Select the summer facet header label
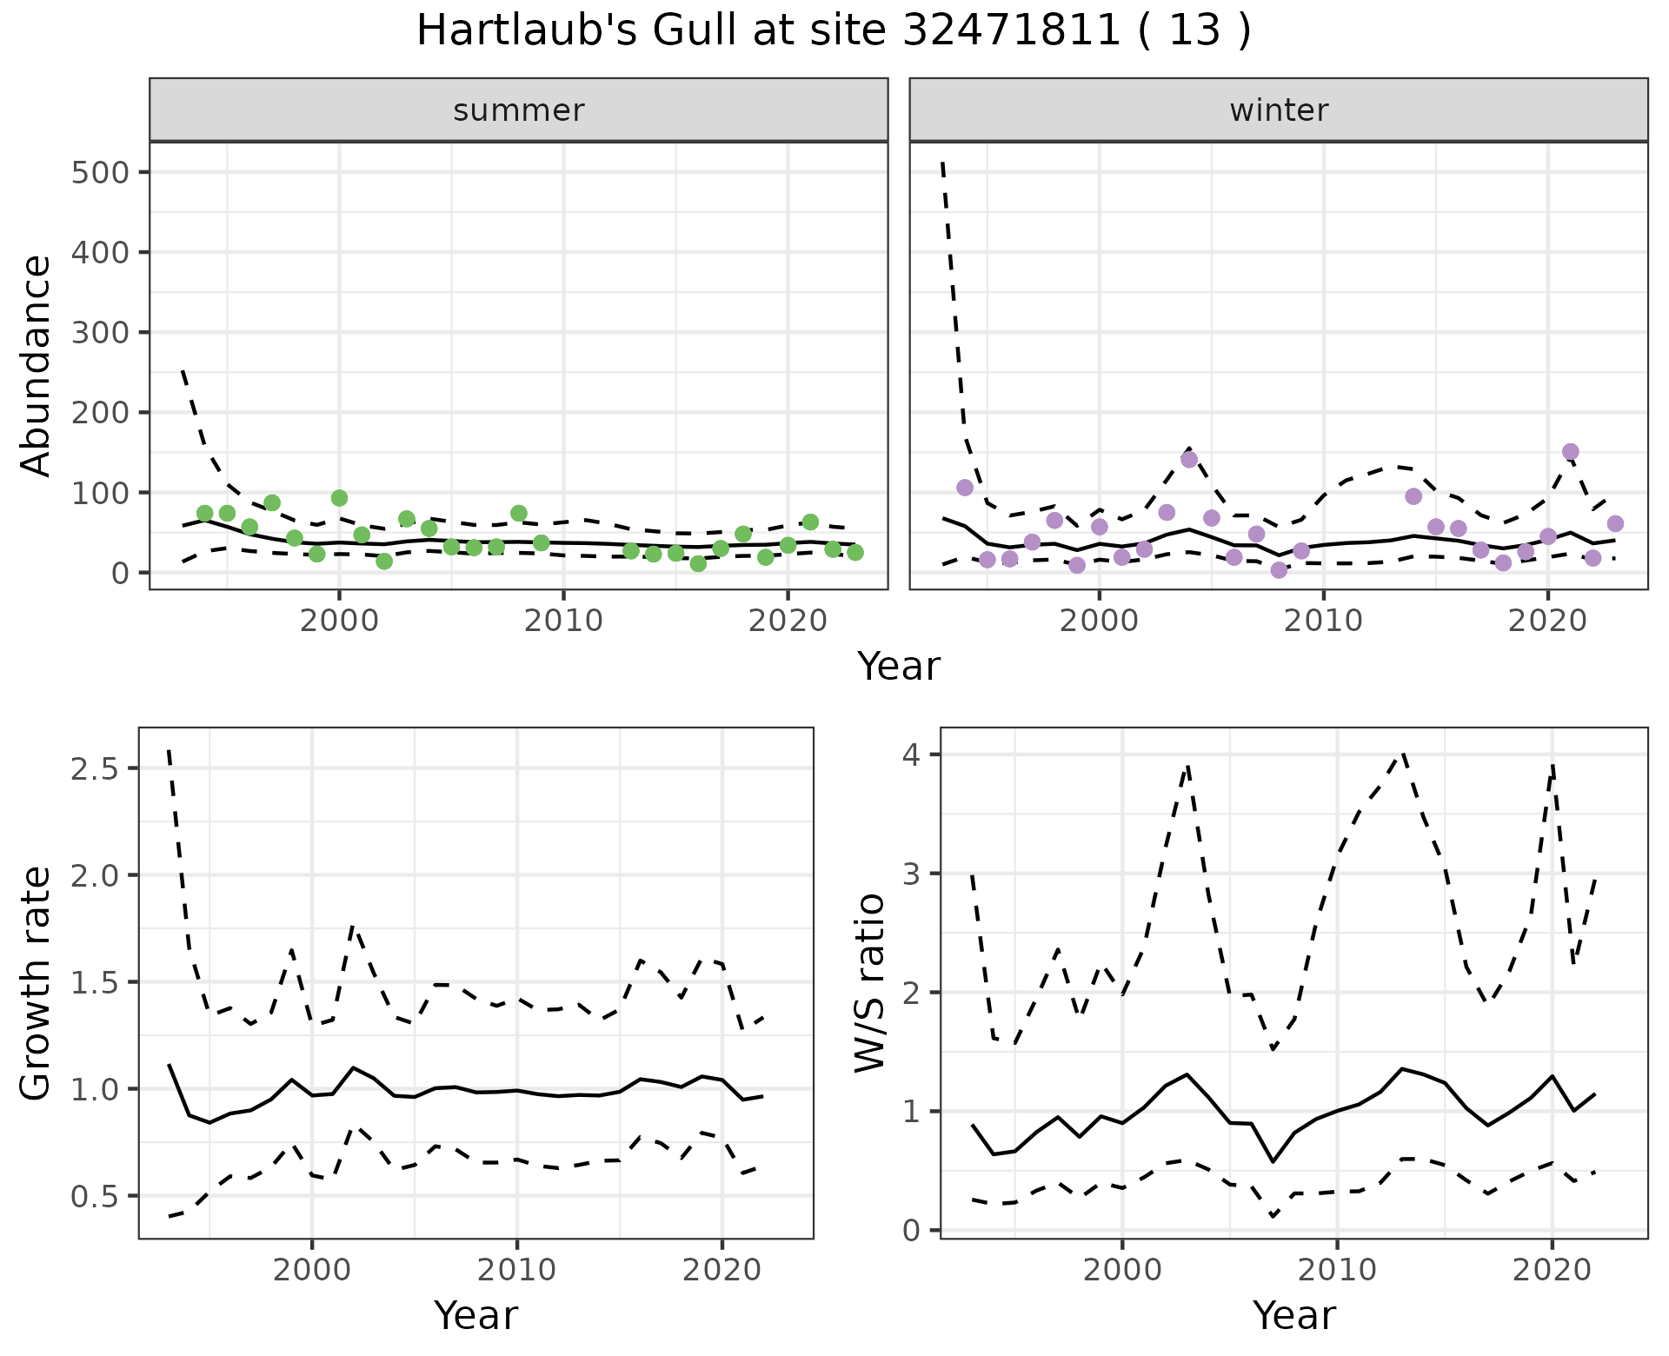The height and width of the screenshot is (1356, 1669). [x=519, y=110]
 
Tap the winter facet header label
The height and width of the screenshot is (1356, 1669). [x=1279, y=110]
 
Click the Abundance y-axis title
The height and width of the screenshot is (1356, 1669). [x=36, y=365]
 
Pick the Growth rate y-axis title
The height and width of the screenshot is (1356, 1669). [x=36, y=982]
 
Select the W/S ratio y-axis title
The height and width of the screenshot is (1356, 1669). [x=869, y=982]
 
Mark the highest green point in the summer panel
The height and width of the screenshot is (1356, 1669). [x=339, y=498]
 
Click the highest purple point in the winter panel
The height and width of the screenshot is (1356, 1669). [x=1570, y=452]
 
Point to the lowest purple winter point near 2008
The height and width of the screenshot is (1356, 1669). [x=1279, y=570]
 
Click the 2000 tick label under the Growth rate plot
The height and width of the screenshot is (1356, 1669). [x=312, y=1270]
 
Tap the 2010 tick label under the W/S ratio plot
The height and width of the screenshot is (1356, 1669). [x=1337, y=1270]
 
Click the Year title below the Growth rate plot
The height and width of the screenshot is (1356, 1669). [x=475, y=1315]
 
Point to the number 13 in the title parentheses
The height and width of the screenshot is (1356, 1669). [x=1192, y=31]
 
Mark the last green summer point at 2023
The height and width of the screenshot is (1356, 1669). [x=855, y=552]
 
